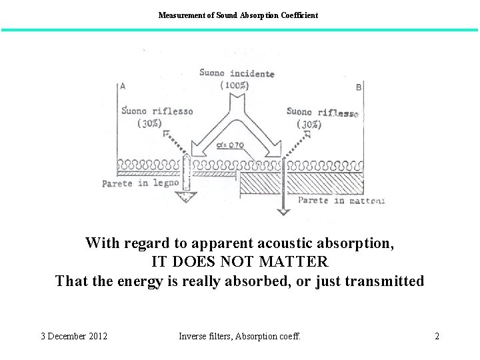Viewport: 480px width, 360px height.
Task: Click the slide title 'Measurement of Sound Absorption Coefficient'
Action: click(x=238, y=15)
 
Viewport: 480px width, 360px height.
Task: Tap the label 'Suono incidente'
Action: click(x=237, y=73)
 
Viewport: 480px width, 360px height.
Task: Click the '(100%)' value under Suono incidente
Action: click(x=237, y=85)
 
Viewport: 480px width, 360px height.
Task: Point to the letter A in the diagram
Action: click(x=123, y=85)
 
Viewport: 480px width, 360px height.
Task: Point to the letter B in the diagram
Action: click(x=359, y=87)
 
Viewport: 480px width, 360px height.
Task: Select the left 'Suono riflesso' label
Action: click(x=158, y=111)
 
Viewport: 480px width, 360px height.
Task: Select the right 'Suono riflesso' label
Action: click(x=323, y=112)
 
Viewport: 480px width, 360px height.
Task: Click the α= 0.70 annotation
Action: click(x=230, y=145)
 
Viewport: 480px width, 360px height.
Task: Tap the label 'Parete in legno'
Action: click(x=141, y=183)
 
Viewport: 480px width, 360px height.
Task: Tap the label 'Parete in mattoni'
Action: click(x=341, y=200)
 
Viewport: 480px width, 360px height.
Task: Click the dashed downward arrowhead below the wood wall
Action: click(x=187, y=197)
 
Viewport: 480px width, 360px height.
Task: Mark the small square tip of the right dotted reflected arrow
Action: click(x=307, y=134)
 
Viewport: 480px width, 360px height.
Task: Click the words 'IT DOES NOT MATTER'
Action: click(x=239, y=262)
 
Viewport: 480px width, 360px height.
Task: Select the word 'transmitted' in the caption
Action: click(x=384, y=281)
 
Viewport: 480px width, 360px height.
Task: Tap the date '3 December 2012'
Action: click(x=74, y=336)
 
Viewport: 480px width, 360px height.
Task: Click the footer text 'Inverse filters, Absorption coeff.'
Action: click(x=239, y=336)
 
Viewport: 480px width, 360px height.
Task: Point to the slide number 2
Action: click(x=437, y=336)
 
